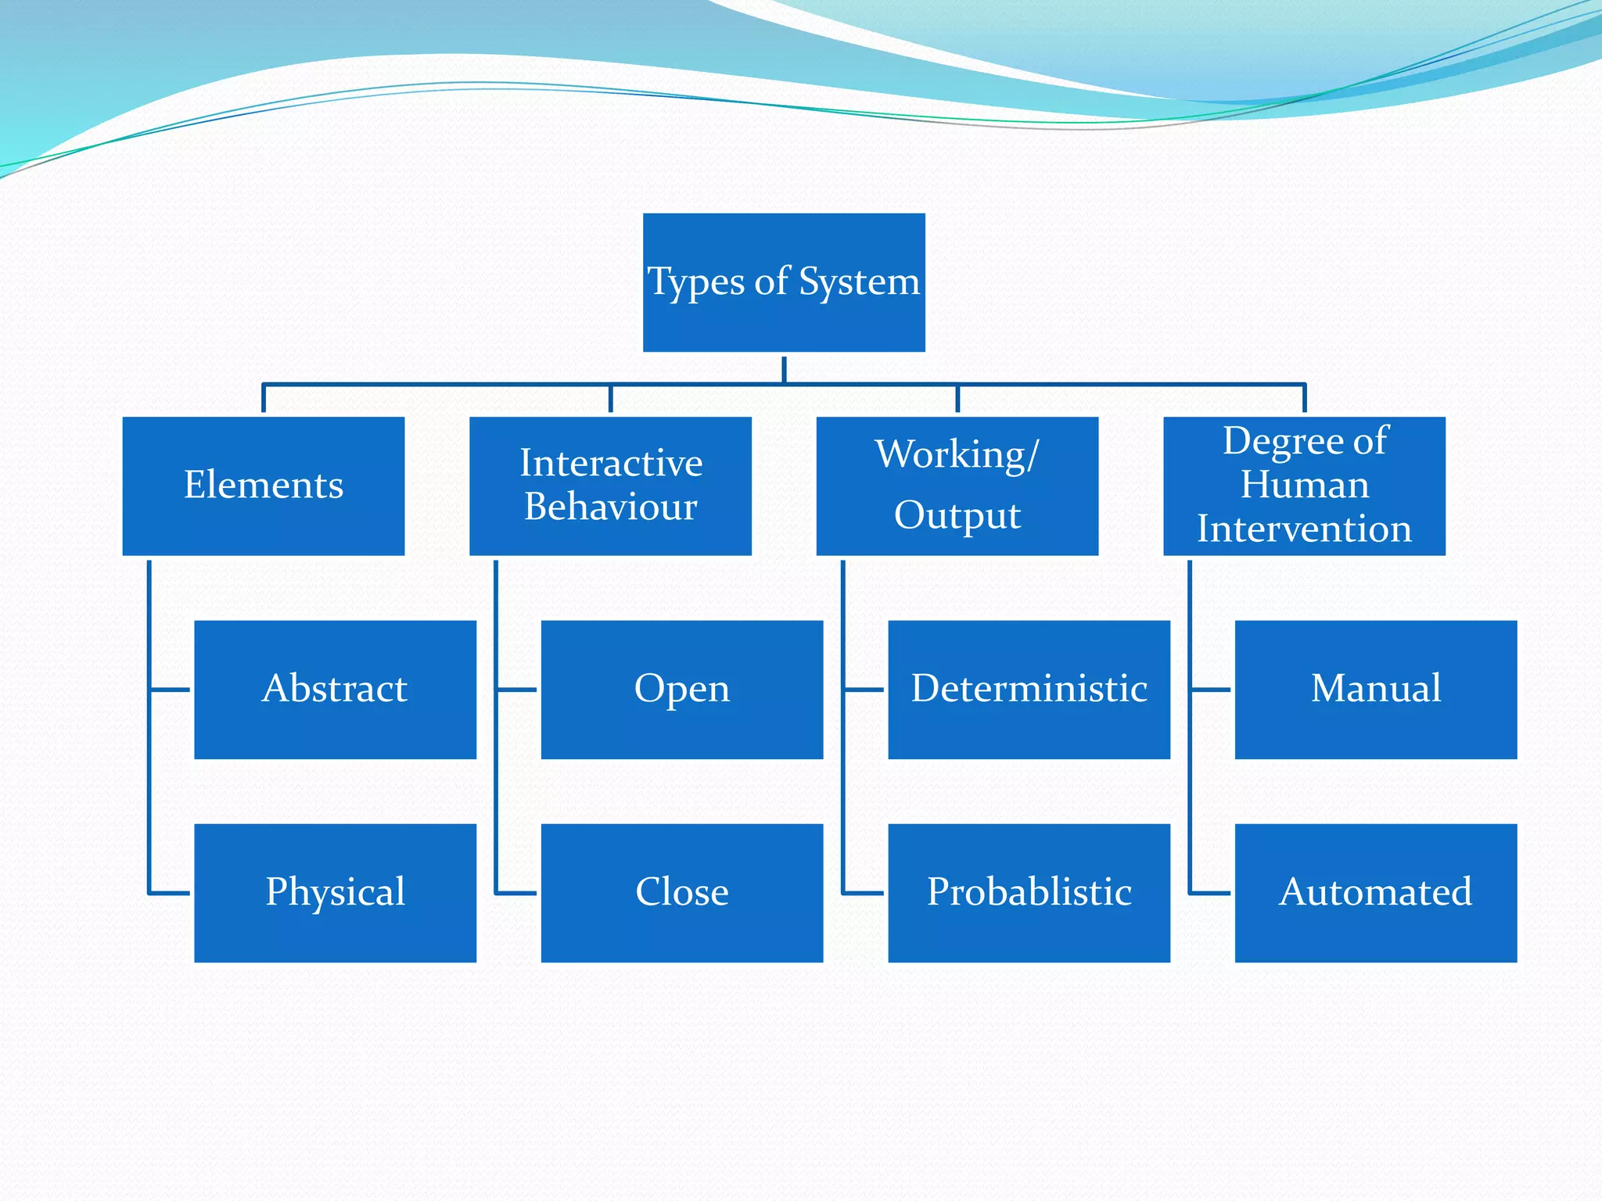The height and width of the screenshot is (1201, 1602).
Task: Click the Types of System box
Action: coord(784,282)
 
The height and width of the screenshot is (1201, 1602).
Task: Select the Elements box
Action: coord(264,486)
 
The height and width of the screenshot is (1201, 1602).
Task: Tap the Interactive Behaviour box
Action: coord(610,486)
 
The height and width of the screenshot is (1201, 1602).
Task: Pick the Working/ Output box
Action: coord(957,486)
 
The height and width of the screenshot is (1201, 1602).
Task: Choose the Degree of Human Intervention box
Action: coord(1304,486)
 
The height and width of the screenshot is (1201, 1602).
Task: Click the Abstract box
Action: coord(335,690)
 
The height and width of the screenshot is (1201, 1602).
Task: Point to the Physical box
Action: coord(335,893)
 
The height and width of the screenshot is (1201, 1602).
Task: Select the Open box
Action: coord(681,690)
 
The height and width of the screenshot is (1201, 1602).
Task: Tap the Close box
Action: coord(681,893)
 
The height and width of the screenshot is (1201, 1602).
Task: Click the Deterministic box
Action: coord(1029,690)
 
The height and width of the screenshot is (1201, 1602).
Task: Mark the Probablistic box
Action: coord(1029,893)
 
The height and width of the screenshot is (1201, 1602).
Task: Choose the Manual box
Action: coord(1375,690)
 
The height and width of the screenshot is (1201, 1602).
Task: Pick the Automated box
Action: coord(1375,893)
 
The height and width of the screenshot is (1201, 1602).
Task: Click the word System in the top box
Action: coord(859,281)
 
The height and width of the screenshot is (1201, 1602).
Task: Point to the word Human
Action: coord(1305,485)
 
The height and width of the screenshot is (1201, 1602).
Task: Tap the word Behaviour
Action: coord(611,507)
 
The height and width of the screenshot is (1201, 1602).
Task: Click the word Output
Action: coord(957,516)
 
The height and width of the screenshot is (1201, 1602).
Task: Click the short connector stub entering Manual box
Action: coord(1211,690)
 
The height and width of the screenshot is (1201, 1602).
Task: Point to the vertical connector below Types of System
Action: coord(784,369)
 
